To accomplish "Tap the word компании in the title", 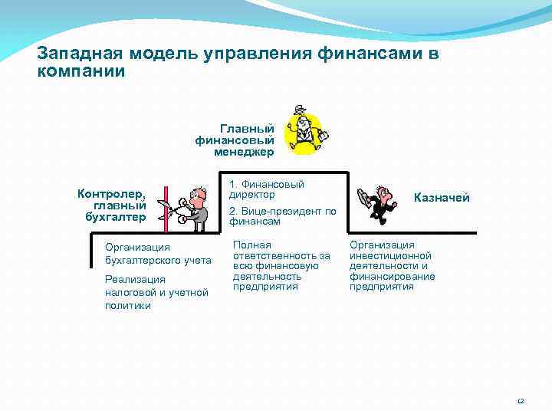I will coord(80,71).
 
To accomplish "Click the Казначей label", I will coord(442,198).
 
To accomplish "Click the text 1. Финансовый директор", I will coord(266,189).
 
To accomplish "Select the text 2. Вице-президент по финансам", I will coord(282,216).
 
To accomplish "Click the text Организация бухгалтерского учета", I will coord(158,253).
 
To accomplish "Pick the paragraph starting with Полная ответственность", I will coord(281,266).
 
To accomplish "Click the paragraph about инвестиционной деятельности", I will coord(392,266).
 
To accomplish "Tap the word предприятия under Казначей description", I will coord(381,287).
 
